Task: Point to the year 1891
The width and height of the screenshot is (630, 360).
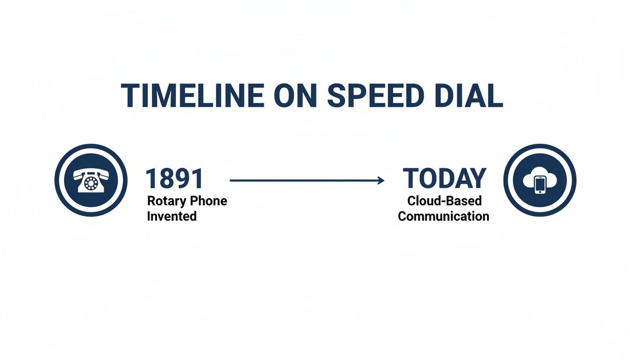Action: tap(174, 179)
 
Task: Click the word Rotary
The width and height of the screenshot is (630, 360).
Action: tap(165, 201)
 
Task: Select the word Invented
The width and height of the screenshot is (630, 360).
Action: tap(172, 217)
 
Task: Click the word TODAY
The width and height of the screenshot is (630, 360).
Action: tap(444, 179)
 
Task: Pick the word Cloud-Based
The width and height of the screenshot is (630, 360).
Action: tap(444, 201)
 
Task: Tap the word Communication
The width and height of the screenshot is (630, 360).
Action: tap(443, 217)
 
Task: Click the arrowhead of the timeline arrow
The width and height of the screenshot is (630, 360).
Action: tap(381, 180)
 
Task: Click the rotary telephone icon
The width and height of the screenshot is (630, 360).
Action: tap(91, 180)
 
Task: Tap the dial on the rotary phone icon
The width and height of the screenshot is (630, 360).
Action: tap(91, 183)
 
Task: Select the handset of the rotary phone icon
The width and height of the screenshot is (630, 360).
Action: tap(91, 173)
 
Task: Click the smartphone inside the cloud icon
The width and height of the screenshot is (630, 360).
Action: tap(540, 184)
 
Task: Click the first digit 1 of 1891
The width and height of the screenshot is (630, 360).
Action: tap(150, 179)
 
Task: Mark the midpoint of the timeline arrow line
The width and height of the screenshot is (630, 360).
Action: tap(306, 180)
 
